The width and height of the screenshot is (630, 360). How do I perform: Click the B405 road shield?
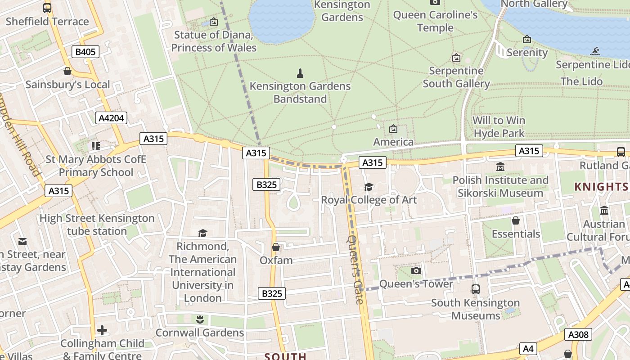click(x=85, y=52)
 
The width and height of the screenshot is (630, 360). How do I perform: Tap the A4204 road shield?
click(x=111, y=118)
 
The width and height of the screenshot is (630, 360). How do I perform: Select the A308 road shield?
click(x=578, y=334)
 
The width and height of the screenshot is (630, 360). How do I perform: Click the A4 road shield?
click(x=528, y=348)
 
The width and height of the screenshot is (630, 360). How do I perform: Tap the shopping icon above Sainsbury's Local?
click(x=67, y=71)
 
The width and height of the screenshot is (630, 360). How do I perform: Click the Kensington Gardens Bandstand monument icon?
click(x=300, y=73)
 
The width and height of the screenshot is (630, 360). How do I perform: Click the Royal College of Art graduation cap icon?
click(x=369, y=187)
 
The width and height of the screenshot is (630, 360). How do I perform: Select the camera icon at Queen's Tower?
click(x=416, y=270)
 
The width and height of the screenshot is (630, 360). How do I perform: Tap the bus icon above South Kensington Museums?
click(x=476, y=289)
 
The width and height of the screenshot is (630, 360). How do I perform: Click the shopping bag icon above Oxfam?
click(x=276, y=247)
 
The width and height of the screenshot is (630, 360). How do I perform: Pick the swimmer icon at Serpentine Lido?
click(x=595, y=51)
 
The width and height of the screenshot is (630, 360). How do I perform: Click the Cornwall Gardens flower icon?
click(x=200, y=319)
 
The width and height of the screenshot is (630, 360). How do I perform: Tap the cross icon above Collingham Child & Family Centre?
click(x=102, y=330)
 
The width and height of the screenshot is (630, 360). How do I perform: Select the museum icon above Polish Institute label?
click(x=500, y=167)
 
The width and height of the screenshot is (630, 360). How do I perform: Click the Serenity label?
click(x=527, y=52)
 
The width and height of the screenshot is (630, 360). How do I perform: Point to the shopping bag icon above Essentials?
click(x=516, y=220)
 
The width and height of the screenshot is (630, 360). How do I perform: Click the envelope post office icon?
click(x=22, y=242)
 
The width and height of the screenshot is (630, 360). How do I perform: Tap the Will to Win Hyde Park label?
click(x=499, y=127)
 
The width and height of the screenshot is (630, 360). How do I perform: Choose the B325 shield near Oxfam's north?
click(x=266, y=184)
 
